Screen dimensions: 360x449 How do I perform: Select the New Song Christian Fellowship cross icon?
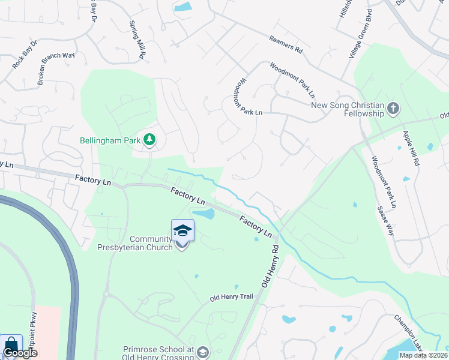coord(394,109)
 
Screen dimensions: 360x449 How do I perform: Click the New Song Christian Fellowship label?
coord(348,109)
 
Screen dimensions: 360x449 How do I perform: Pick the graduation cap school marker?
coord(182,230)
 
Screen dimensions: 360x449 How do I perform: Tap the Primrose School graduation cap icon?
coord(203,352)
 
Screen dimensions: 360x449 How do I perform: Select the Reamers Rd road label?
coord(286,46)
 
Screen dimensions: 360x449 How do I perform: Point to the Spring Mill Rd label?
coord(138,40)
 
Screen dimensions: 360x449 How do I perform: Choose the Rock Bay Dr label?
coord(25,54)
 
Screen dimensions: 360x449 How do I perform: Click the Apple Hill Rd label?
coord(412,148)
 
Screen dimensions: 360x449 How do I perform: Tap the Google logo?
coord(19,353)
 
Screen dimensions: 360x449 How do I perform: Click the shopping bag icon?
coord(11,344)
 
